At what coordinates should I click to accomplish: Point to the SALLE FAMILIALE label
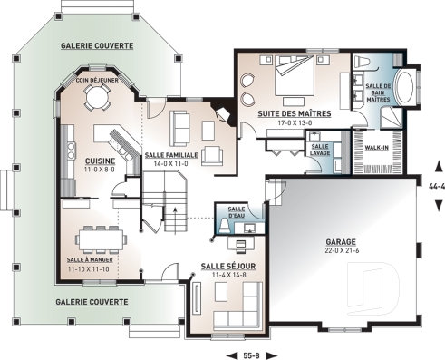(x=172, y=155)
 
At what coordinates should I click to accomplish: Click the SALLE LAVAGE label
(x=320, y=150)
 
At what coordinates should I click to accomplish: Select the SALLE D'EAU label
(x=237, y=213)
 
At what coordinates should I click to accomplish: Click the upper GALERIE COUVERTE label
(x=96, y=44)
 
